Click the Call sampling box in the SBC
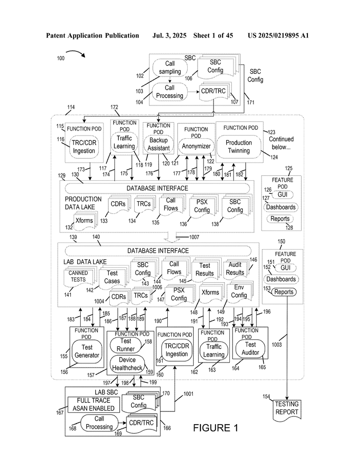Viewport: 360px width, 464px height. point(170,68)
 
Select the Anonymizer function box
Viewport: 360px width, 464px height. point(196,146)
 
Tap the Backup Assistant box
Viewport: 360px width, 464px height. point(158,144)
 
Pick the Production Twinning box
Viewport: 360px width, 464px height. point(239,147)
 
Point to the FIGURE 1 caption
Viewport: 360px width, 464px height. point(215,428)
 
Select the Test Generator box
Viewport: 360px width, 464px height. point(87,352)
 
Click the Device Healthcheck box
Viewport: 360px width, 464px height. point(127,364)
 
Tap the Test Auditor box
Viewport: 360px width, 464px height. point(250,348)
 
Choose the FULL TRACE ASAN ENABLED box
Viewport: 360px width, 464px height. point(93,405)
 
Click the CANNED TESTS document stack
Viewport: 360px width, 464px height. point(79,278)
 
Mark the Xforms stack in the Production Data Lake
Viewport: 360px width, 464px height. point(85,221)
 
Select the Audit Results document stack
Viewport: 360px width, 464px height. point(236,269)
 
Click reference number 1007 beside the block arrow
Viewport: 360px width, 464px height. point(194,237)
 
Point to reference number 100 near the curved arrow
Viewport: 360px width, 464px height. point(61,58)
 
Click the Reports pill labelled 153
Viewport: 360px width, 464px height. point(284,292)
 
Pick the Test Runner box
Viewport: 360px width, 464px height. point(126,345)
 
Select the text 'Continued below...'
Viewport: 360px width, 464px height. point(281,143)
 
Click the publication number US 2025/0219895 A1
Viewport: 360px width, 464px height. point(278,35)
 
